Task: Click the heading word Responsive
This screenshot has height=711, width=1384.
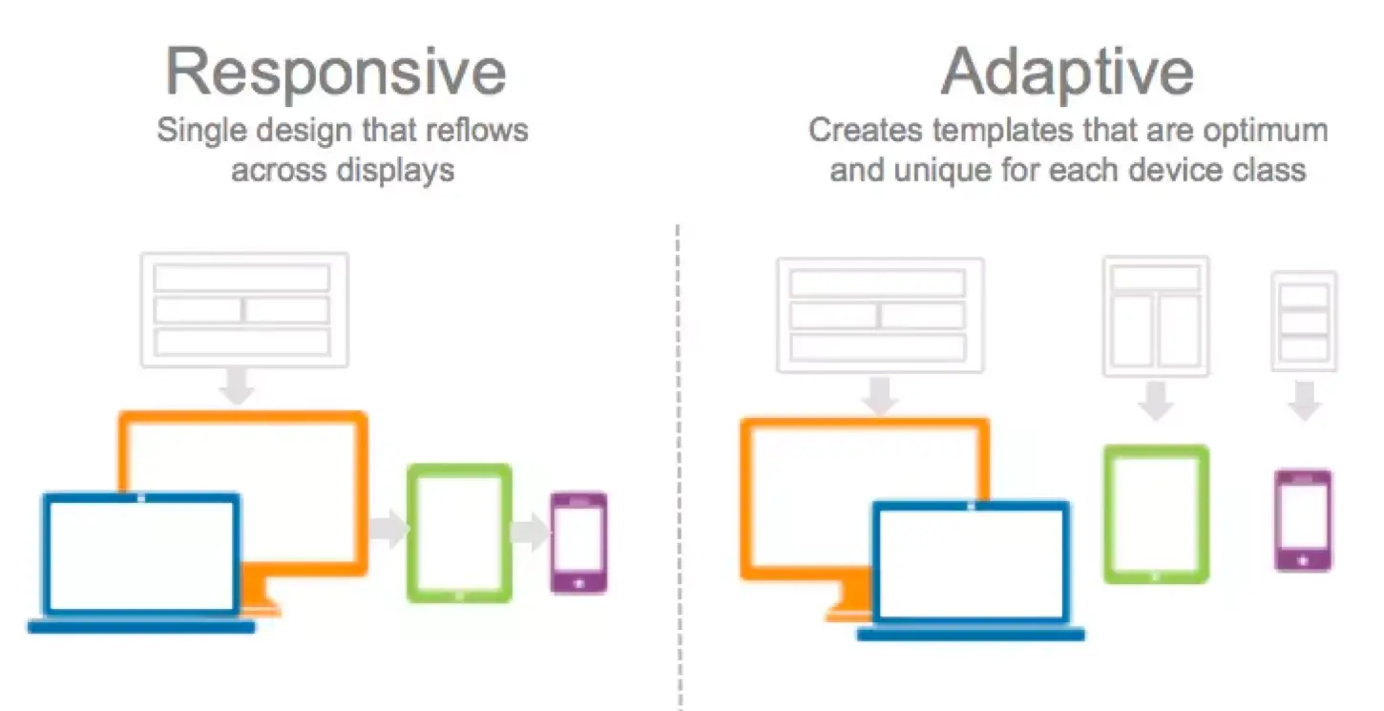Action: point(336,73)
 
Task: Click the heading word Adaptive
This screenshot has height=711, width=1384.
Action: point(1067,73)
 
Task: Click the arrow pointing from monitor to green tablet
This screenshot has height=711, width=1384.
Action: point(388,528)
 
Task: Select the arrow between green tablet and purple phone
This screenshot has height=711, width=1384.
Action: point(530,532)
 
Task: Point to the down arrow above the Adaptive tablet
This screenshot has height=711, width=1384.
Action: point(1156,401)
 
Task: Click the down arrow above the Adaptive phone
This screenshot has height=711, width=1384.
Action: point(1304,401)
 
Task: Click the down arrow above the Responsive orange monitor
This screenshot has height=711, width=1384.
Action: point(238,386)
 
